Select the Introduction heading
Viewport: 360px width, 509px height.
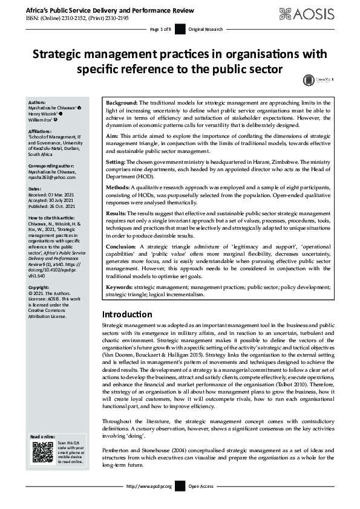(x=126, y=314)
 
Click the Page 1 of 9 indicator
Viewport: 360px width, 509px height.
(x=160, y=29)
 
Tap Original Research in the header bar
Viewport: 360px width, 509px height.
(x=206, y=29)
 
